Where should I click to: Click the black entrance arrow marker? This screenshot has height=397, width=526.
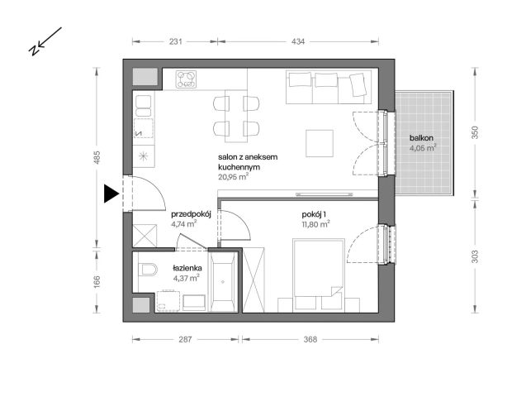(x=111, y=194)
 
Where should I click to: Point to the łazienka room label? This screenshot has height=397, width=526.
(x=187, y=267)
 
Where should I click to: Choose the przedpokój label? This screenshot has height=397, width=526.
(x=192, y=213)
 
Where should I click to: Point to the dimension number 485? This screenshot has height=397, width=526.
(x=97, y=156)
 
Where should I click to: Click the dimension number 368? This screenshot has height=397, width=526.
(x=310, y=339)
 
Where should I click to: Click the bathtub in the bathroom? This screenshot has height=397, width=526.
(x=222, y=281)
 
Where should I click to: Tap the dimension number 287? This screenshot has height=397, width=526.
(x=187, y=339)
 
